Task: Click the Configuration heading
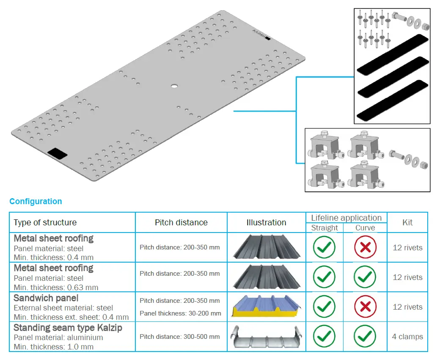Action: coord(36,202)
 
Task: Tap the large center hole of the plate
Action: coord(174,86)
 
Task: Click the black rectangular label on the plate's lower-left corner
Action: coord(57,153)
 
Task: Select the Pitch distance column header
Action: coord(181,222)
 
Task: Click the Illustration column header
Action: coord(266,222)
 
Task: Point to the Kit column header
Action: coord(407,222)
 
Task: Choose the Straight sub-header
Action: coord(324,228)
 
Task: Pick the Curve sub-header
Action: coord(365,228)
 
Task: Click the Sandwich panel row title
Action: coord(46,298)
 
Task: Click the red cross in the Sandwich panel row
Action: coord(365,307)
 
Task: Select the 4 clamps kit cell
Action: coord(407,337)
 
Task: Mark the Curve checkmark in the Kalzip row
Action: coord(365,337)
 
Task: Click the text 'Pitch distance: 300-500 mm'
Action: coord(180,337)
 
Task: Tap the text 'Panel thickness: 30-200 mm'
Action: coord(180,313)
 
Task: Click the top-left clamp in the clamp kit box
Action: coord(325,146)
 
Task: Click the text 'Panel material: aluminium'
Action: coord(58,338)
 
